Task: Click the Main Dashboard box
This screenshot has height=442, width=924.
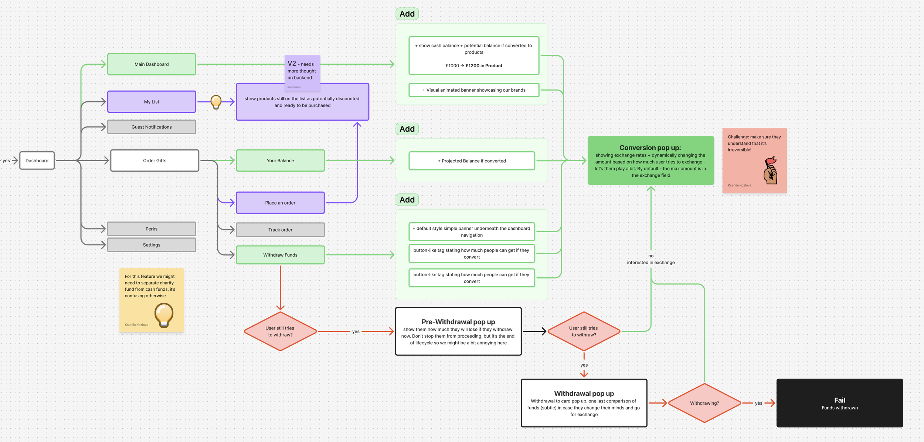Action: coord(152,64)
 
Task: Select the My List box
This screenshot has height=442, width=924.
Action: coord(152,102)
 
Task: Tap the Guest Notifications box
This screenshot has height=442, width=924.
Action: coord(152,127)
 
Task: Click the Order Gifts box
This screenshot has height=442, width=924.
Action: coord(154,161)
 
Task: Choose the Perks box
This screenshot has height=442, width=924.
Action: coord(152,229)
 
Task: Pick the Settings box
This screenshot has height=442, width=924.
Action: coord(152,245)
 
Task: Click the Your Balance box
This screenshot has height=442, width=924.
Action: coord(280,161)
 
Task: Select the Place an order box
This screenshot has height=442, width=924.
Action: coord(280,203)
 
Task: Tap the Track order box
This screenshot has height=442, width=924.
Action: coord(280,230)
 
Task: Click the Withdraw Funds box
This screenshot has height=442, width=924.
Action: coord(280,255)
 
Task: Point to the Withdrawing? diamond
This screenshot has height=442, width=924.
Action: coord(704,403)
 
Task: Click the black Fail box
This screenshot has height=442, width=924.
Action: coord(839,403)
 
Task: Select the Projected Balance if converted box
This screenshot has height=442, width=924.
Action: coord(472,161)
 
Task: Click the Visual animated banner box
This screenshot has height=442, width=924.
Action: coord(474,90)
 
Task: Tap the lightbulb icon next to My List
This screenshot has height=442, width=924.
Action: coord(216,102)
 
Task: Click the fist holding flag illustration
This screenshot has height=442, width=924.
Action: coord(771,171)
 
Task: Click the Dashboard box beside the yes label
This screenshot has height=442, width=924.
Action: coord(37,161)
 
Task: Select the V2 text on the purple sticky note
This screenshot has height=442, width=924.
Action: coord(292,64)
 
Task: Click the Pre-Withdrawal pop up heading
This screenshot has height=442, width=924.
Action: coord(458,322)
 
